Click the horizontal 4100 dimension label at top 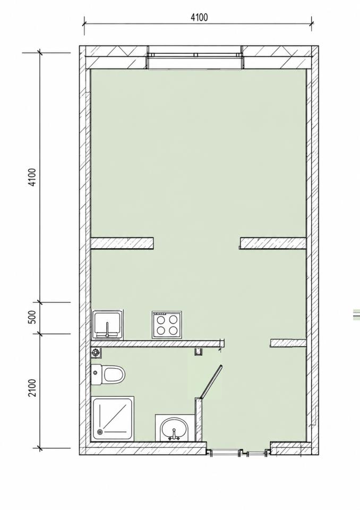click(x=199, y=17)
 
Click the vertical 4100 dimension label click(x=32, y=177)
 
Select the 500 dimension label click(x=32, y=317)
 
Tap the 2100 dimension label click(x=32, y=388)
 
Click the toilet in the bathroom click(x=108, y=375)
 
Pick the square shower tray click(x=113, y=419)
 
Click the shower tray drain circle click(x=99, y=432)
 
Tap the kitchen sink click(x=108, y=325)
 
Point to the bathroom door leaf click(x=211, y=381)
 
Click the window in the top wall click(x=195, y=57)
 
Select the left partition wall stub click(x=122, y=243)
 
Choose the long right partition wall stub click(x=273, y=243)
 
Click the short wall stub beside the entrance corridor click(x=288, y=343)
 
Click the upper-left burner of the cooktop click(x=161, y=319)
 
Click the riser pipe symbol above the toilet click(x=96, y=352)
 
